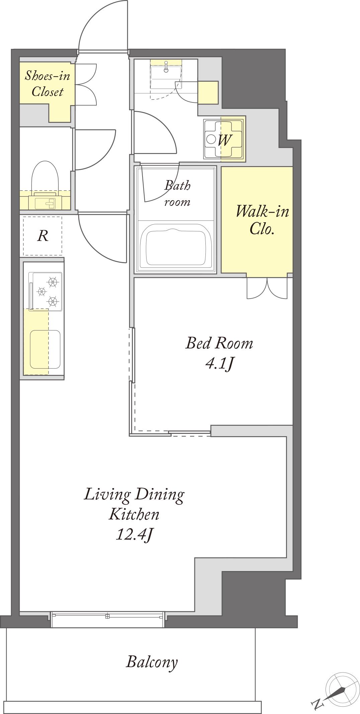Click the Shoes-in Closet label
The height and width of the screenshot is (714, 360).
click(x=48, y=84)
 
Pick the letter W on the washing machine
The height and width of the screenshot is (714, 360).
click(x=224, y=140)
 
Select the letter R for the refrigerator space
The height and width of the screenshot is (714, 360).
click(x=43, y=236)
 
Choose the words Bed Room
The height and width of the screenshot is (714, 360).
click(x=219, y=343)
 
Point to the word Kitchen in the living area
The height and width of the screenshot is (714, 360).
click(x=134, y=514)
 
